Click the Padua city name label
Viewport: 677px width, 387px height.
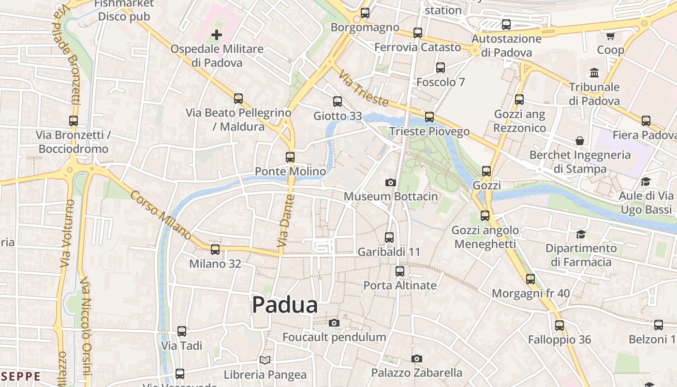(x=285, y=305)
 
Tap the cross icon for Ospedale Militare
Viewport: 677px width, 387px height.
(x=217, y=35)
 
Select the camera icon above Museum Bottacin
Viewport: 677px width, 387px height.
(x=391, y=182)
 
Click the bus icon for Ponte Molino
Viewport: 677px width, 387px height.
(x=290, y=157)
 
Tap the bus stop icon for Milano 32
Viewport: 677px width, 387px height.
(x=215, y=250)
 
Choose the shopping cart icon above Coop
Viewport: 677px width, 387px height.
(x=610, y=36)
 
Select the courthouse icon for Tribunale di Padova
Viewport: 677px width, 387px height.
(x=594, y=73)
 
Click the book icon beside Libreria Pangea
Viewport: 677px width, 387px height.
(x=265, y=360)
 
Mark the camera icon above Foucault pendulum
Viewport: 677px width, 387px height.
(x=334, y=323)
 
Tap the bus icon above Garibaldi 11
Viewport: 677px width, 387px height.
(x=389, y=238)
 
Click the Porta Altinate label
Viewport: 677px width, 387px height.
(x=400, y=285)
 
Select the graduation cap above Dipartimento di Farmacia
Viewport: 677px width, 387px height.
(x=581, y=234)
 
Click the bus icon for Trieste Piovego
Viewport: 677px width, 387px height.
(x=429, y=117)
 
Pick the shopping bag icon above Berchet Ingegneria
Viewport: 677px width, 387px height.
(x=580, y=141)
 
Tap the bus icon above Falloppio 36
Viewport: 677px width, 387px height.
(x=559, y=326)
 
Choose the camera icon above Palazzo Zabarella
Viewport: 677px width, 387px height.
(x=417, y=358)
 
